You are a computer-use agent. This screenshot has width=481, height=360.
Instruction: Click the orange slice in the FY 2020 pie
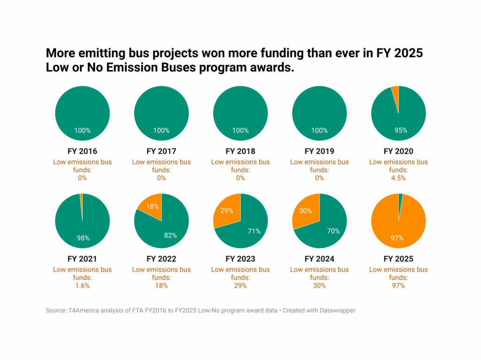pyautogui.click(x=396, y=92)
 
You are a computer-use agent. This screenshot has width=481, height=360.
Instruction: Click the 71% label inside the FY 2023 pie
pyautogui.click(x=254, y=231)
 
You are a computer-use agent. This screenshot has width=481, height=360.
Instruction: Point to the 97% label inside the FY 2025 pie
pyautogui.click(x=397, y=238)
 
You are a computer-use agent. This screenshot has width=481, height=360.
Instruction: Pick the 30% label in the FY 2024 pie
pyautogui.click(x=305, y=211)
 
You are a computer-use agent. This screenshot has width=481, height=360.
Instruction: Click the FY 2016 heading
pyautogui.click(x=82, y=152)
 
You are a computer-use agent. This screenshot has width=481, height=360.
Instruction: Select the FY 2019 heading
pyautogui.click(x=319, y=152)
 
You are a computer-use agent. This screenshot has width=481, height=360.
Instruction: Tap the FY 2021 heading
pyautogui.click(x=82, y=259)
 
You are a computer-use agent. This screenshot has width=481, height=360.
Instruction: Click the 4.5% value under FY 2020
pyautogui.click(x=398, y=178)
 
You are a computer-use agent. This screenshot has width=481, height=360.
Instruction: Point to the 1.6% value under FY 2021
pyautogui.click(x=82, y=285)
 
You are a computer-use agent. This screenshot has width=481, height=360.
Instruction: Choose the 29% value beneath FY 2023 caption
pyautogui.click(x=240, y=285)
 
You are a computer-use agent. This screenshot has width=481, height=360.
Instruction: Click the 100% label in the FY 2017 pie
pyautogui.click(x=161, y=130)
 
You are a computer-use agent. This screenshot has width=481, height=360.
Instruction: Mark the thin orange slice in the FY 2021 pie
pyautogui.click(x=81, y=198)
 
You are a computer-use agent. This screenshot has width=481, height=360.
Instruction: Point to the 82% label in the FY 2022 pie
pyautogui.click(x=170, y=235)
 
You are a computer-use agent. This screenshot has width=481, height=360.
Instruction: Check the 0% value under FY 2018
pyautogui.click(x=240, y=178)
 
